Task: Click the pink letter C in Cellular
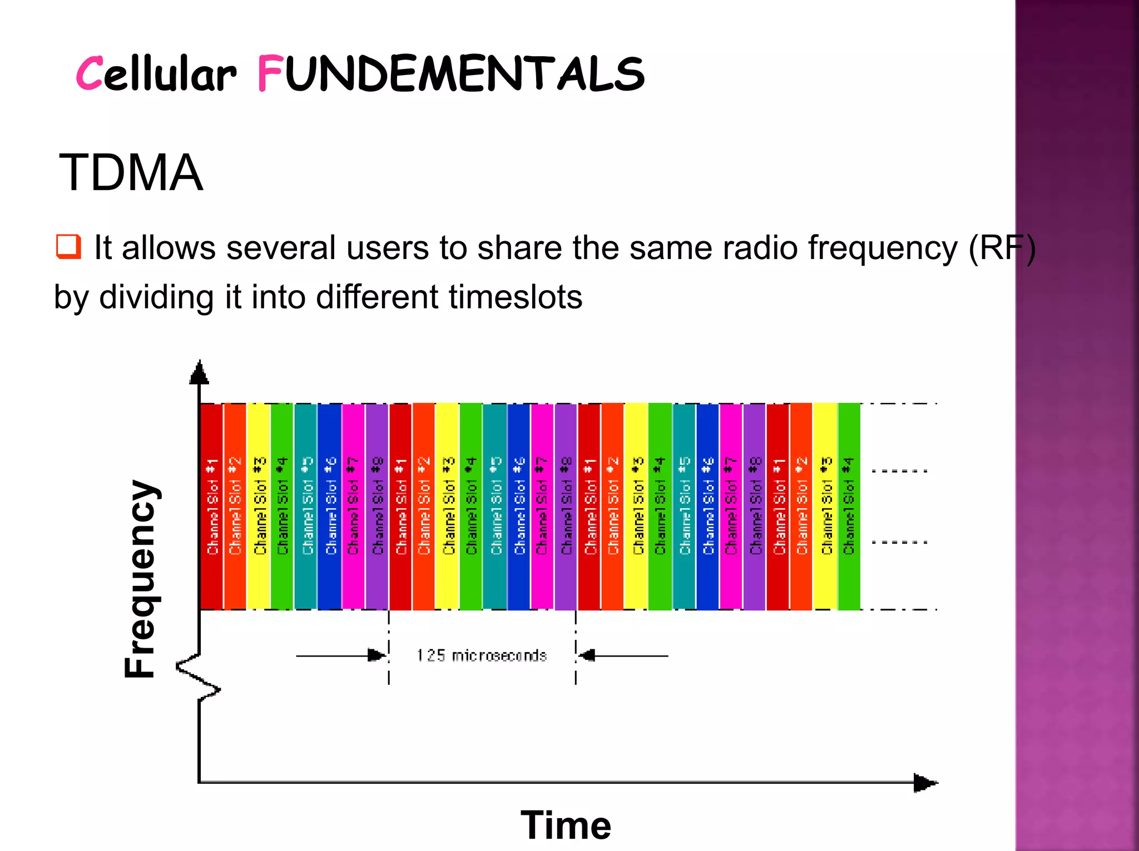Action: click(x=89, y=74)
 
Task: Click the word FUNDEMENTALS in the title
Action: click(x=450, y=74)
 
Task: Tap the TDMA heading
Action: click(x=131, y=173)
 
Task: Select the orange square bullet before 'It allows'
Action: click(x=68, y=247)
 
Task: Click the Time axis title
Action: click(x=566, y=825)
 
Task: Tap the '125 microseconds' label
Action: click(x=482, y=655)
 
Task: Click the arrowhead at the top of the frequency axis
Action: click(x=199, y=373)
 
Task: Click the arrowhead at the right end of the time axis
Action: click(x=924, y=783)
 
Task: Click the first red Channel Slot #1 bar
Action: click(x=211, y=506)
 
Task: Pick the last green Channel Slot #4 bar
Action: click(x=849, y=506)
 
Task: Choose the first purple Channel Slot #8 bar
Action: click(x=377, y=506)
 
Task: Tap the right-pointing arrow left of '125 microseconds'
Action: click(x=376, y=655)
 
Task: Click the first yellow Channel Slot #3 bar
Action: click(x=259, y=506)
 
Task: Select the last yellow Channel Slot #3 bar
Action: click(x=825, y=506)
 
